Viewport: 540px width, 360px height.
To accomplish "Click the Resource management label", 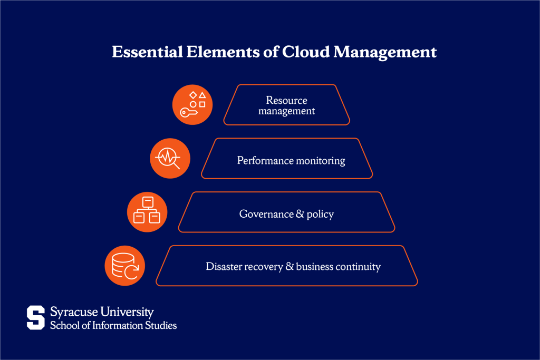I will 286,105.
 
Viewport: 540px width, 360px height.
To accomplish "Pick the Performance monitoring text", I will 291,160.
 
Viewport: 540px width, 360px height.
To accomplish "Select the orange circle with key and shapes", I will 192,105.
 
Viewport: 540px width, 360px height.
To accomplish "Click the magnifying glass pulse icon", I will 170,158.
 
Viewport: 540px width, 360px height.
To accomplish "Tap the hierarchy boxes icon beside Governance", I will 147,212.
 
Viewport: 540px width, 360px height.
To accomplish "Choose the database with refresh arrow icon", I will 125,266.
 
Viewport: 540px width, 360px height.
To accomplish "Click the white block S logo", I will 36,318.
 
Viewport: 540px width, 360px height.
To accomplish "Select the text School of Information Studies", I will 113,325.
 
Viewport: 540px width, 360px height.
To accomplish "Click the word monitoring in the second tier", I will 320,161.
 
